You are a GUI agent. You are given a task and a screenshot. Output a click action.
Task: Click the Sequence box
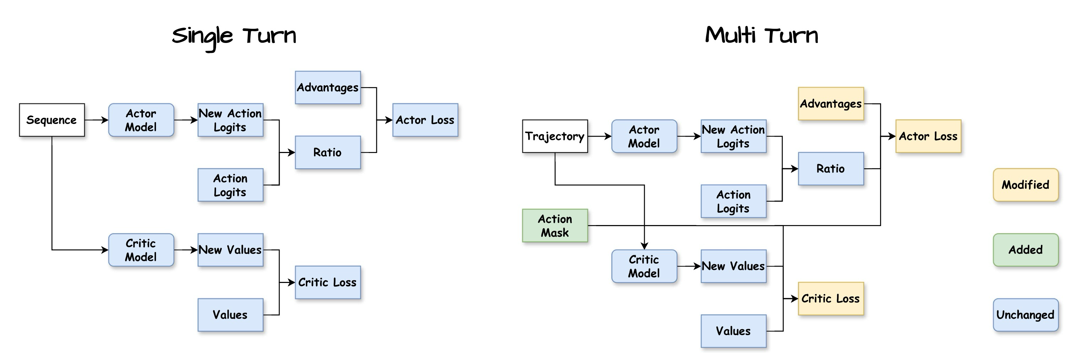[52, 120]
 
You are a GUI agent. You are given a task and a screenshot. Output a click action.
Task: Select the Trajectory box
[555, 136]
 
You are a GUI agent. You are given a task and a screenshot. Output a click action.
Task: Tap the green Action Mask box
[555, 225]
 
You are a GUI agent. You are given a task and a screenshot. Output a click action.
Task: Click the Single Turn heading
[234, 36]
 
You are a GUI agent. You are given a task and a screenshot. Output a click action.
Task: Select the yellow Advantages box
[831, 104]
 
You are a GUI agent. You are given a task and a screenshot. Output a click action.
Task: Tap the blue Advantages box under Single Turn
[328, 88]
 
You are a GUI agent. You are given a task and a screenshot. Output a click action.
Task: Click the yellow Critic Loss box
[831, 298]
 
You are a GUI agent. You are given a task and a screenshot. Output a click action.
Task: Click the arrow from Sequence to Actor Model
[97, 120]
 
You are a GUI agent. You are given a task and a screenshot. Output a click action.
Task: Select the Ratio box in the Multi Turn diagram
[831, 169]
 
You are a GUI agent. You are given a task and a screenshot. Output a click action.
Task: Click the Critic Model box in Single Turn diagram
[141, 250]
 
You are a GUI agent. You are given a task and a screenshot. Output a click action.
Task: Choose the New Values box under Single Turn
[230, 250]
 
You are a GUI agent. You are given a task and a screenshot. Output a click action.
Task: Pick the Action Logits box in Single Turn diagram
[230, 185]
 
